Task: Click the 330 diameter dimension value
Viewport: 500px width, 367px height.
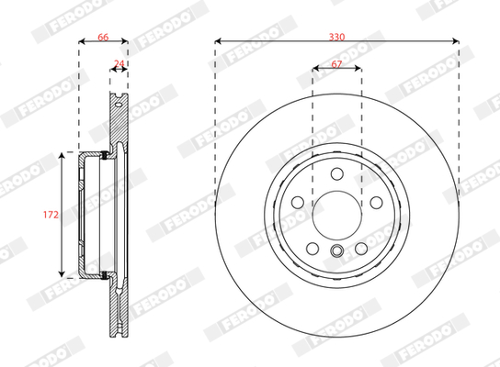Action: pyautogui.click(x=336, y=38)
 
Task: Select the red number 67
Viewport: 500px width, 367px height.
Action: pyautogui.click(x=336, y=64)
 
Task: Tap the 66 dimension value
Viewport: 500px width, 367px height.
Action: pyautogui.click(x=103, y=38)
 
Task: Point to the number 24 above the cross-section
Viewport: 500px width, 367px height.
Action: pyautogui.click(x=119, y=63)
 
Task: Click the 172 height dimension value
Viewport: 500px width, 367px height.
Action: pyautogui.click(x=51, y=215)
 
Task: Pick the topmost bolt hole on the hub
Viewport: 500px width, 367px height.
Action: pyautogui.click(x=337, y=173)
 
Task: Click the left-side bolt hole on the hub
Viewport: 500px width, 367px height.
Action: pyautogui.click(x=298, y=202)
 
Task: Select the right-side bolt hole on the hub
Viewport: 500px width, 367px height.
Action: pyautogui.click(x=376, y=202)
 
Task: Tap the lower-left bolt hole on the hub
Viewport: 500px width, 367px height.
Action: pyautogui.click(x=312, y=249)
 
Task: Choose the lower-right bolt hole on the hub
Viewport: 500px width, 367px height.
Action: pyautogui.click(x=361, y=249)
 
